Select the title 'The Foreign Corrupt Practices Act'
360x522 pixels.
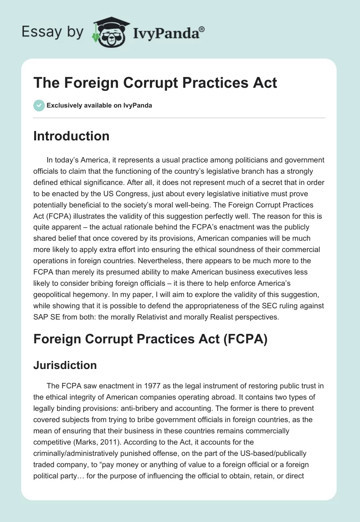(155, 83)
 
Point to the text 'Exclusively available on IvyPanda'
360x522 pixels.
(99, 105)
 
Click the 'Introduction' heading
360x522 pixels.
(71, 136)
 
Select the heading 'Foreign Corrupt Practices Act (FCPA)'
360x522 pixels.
(150, 340)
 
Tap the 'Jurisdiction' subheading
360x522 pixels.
(65, 365)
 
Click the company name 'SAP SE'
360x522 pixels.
(46, 316)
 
